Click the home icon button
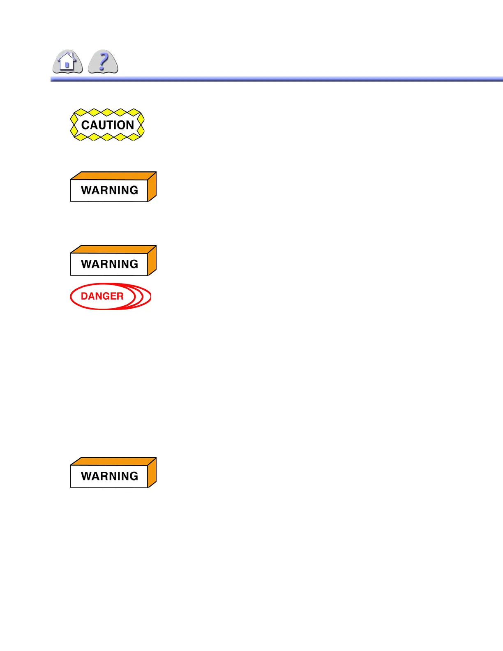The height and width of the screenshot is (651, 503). [67, 62]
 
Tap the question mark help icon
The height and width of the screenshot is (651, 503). [103, 62]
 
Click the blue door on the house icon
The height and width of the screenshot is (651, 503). [67, 65]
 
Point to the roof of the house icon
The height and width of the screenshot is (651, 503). [67, 56]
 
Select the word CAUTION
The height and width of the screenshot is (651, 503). [108, 125]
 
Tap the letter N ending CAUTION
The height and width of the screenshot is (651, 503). [130, 125]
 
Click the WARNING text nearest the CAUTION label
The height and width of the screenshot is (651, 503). [109, 190]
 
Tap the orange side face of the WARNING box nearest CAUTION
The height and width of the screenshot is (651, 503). [152, 187]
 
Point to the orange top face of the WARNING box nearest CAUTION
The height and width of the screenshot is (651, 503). [113, 176]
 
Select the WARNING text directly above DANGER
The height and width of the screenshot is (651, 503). [109, 264]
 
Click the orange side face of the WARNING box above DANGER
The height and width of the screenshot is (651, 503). [152, 261]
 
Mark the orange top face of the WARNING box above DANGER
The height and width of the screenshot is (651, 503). [113, 249]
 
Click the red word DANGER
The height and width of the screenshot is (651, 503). [102, 296]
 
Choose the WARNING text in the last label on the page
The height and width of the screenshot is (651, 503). [109, 476]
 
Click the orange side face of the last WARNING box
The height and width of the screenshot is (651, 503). [152, 473]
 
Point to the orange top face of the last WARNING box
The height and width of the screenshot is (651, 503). [113, 462]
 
